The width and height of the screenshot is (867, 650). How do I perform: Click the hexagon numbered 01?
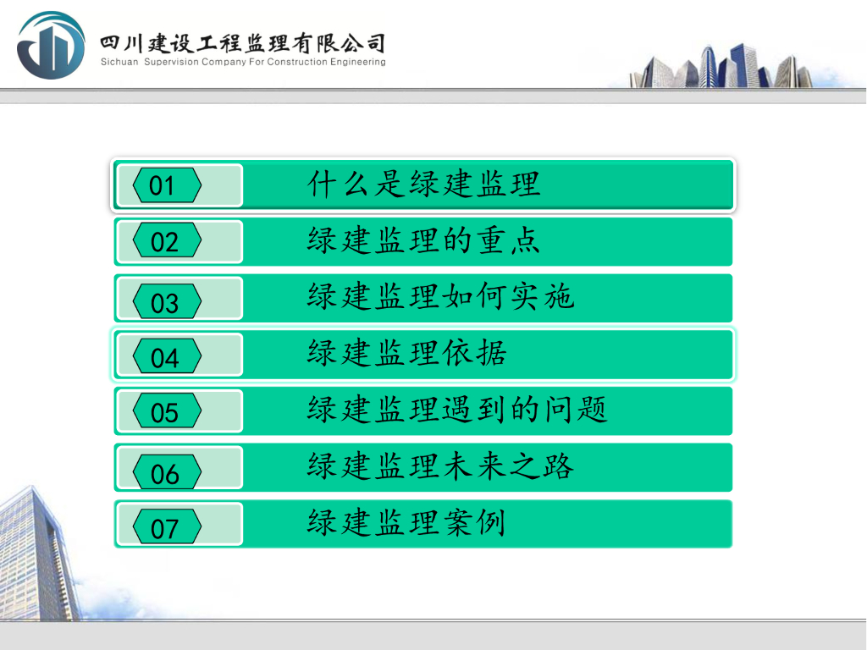(x=167, y=185)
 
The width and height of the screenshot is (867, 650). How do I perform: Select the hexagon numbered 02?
(x=167, y=240)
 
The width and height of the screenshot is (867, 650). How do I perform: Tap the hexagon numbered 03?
(x=167, y=300)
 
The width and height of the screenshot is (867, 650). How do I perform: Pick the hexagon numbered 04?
(x=167, y=355)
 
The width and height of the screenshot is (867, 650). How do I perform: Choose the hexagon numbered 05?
(x=167, y=410)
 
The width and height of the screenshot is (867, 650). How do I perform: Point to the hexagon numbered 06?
(x=167, y=471)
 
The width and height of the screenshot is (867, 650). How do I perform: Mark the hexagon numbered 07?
(x=167, y=526)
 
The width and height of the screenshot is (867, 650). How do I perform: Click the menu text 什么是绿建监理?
(x=423, y=184)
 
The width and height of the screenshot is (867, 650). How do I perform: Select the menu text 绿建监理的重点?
(x=423, y=240)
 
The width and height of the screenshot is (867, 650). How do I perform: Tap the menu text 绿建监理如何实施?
(x=440, y=296)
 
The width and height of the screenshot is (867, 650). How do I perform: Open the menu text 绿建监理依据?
(x=407, y=353)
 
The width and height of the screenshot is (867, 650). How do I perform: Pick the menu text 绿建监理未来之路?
(x=440, y=466)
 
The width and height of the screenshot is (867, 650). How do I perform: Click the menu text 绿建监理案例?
(x=406, y=522)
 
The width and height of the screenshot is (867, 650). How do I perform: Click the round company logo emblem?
(x=51, y=46)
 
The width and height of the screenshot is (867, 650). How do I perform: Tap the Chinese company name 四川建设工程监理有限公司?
(x=242, y=43)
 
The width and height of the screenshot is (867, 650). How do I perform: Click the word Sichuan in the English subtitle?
(x=119, y=62)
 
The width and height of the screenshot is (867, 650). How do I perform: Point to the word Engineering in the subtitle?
(x=358, y=62)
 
